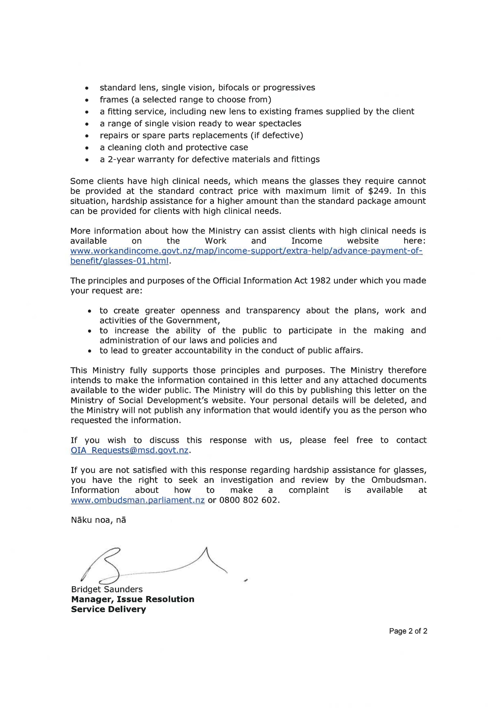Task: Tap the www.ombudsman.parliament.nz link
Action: click(138, 500)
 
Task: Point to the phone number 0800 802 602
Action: click(249, 500)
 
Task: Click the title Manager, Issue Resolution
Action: click(132, 599)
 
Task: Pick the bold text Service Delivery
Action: click(108, 609)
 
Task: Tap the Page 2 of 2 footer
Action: click(408, 631)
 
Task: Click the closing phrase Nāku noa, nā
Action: click(98, 520)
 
